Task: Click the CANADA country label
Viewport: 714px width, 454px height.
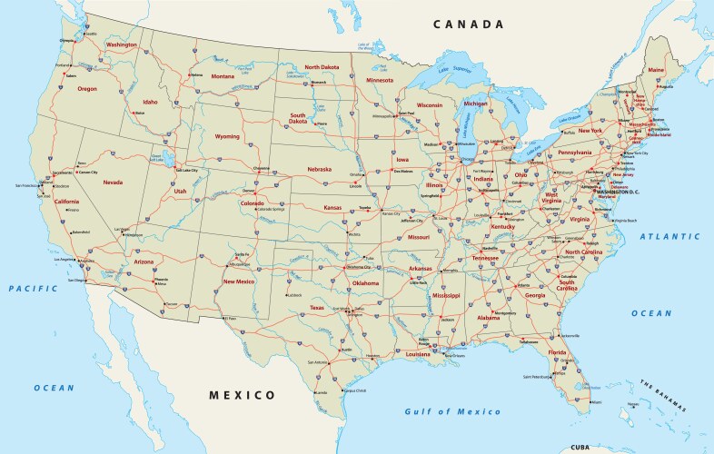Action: tap(468, 25)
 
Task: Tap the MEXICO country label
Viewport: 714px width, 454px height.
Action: tap(242, 395)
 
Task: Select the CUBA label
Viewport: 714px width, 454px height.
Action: tap(579, 447)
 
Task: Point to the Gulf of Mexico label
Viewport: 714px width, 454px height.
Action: tap(452, 411)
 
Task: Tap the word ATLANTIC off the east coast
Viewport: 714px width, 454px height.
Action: tap(669, 236)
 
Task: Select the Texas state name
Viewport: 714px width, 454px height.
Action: tap(317, 308)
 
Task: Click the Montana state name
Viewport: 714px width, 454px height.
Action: tap(223, 76)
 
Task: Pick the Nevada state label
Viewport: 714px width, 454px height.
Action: tap(113, 183)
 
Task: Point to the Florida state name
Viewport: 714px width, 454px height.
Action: tap(558, 352)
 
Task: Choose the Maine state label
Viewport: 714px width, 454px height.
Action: tap(656, 70)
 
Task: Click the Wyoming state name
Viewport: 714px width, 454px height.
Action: tap(227, 136)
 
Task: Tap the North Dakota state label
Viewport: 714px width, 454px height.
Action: tap(322, 67)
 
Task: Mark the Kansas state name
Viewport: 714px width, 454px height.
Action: tap(333, 208)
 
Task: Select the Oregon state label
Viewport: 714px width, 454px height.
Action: tap(87, 89)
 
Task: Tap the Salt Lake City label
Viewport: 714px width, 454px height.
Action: tap(186, 171)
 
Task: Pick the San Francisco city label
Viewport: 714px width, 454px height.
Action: tap(26, 185)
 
